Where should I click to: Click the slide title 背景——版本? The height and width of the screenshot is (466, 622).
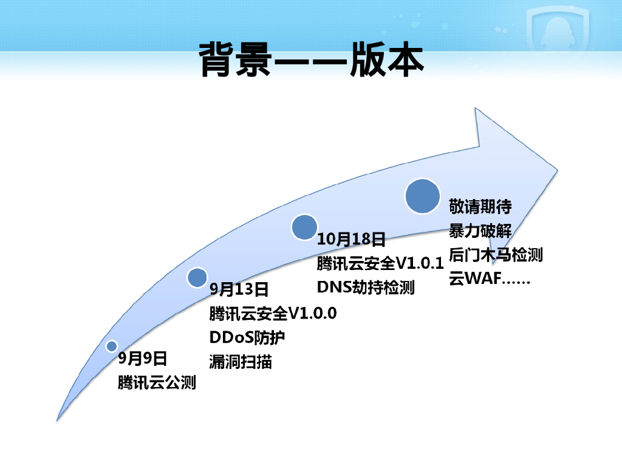pyautogui.click(x=311, y=59)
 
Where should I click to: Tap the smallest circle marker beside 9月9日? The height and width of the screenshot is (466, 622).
pyautogui.click(x=111, y=346)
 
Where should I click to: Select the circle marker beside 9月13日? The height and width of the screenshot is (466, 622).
pyautogui.click(x=197, y=277)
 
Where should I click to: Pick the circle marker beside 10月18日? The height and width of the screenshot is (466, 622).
pyautogui.click(x=304, y=226)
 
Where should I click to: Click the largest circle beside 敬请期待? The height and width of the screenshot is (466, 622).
pyautogui.click(x=422, y=195)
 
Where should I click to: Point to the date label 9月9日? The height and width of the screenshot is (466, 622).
pyautogui.click(x=142, y=359)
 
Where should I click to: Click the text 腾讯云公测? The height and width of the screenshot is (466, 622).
pyautogui.click(x=157, y=383)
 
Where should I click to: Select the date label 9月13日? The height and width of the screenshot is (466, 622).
pyautogui.click(x=239, y=289)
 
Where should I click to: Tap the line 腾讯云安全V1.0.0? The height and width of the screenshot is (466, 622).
pyautogui.click(x=273, y=314)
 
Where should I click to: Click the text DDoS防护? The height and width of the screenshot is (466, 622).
pyautogui.click(x=247, y=337)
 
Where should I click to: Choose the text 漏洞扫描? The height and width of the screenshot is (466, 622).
pyautogui.click(x=241, y=362)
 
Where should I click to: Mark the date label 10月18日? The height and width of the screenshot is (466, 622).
pyautogui.click(x=351, y=239)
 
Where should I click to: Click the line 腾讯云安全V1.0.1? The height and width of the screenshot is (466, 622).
pyautogui.click(x=380, y=263)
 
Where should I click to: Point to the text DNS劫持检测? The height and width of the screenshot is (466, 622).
pyautogui.click(x=366, y=287)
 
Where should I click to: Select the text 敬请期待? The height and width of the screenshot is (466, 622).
pyautogui.click(x=480, y=207)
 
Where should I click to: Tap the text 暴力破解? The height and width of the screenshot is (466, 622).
pyautogui.click(x=480, y=231)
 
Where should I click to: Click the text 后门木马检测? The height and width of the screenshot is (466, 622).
pyautogui.click(x=496, y=255)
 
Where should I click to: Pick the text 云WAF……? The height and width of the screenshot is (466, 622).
pyautogui.click(x=490, y=279)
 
